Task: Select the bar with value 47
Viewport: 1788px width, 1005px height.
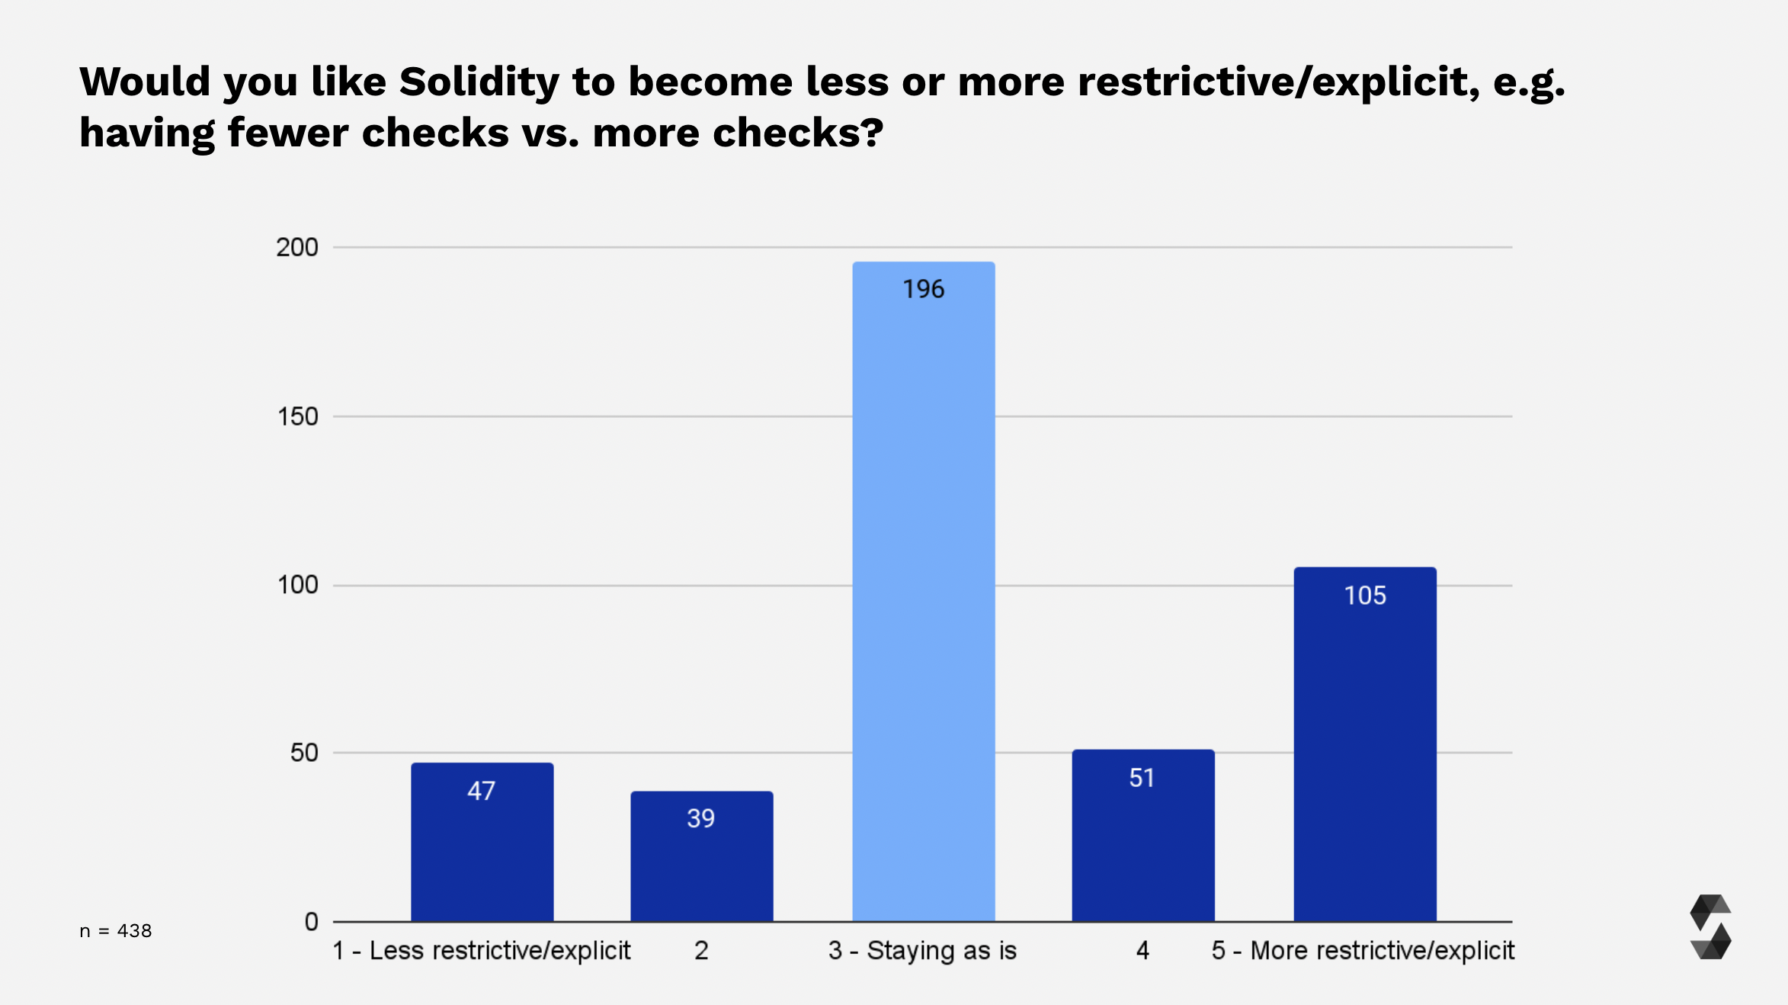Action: (x=482, y=846)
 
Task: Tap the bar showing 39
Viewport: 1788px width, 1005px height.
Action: (x=701, y=862)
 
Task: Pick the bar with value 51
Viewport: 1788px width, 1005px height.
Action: (x=1142, y=839)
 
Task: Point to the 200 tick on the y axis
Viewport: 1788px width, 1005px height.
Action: (x=296, y=247)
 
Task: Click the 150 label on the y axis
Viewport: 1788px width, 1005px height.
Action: (x=296, y=416)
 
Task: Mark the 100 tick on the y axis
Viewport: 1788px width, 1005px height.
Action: (x=296, y=585)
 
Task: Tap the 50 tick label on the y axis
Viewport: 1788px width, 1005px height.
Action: (x=303, y=753)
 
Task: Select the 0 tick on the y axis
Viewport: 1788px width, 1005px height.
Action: (x=311, y=922)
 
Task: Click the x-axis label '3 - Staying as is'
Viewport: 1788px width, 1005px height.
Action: (x=922, y=951)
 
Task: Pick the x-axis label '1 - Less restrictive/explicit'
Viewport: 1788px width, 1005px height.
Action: (x=482, y=951)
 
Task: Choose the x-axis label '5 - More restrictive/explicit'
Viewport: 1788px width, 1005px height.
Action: (x=1363, y=951)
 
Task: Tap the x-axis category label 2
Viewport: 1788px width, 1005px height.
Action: (x=701, y=951)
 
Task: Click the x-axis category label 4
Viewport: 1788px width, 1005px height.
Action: (x=1142, y=951)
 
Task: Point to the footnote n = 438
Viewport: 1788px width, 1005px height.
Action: (x=116, y=931)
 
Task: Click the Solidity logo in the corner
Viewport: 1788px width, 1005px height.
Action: (x=1710, y=926)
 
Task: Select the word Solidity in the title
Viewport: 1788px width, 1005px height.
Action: (x=479, y=82)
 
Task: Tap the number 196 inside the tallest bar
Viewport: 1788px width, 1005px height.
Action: (x=923, y=289)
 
